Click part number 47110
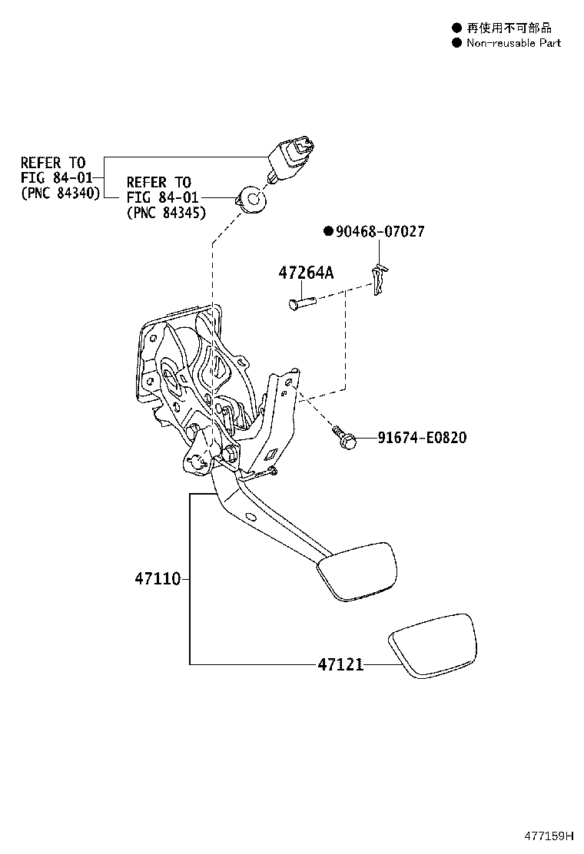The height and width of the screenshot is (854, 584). click(158, 578)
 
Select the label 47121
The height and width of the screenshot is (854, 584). click(340, 664)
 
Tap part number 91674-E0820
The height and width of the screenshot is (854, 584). click(422, 437)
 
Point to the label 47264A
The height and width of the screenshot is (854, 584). click(306, 273)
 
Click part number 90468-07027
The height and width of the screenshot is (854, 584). click(380, 231)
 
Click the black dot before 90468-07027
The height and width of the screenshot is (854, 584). click(328, 231)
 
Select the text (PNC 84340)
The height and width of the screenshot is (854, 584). click(61, 193)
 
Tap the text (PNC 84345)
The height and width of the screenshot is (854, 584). click(167, 213)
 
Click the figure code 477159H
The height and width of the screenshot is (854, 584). click(549, 836)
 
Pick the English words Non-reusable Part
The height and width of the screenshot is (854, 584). click(514, 43)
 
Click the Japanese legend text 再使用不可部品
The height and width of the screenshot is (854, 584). click(509, 28)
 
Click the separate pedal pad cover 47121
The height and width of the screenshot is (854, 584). click(431, 645)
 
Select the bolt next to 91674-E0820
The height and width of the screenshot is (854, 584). click(343, 438)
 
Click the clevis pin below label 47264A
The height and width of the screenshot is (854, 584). click(301, 302)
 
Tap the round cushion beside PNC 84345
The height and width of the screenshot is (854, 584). click(251, 200)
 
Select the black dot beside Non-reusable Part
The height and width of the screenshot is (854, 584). click(456, 43)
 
